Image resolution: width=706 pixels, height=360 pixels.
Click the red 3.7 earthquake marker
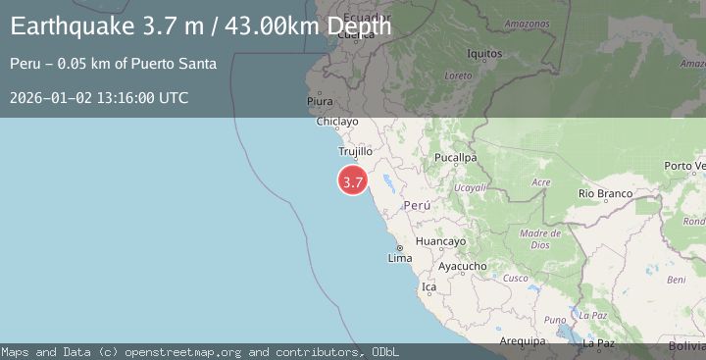[x=353, y=180]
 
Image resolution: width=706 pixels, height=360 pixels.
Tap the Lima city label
[x=400, y=258]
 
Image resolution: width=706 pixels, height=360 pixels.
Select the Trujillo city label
[x=355, y=152]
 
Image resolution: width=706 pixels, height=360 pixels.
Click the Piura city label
[x=320, y=101]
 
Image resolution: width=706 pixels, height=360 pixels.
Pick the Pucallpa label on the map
[x=456, y=157]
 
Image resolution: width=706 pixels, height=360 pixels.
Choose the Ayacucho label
[x=462, y=266]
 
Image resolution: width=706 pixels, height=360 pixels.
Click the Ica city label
[x=428, y=287]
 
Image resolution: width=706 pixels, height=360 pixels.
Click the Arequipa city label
[x=521, y=341]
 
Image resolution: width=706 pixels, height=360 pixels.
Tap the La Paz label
[x=597, y=343]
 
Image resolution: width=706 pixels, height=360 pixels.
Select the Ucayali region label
[x=471, y=186]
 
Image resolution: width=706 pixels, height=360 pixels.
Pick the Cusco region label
[x=516, y=278]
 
